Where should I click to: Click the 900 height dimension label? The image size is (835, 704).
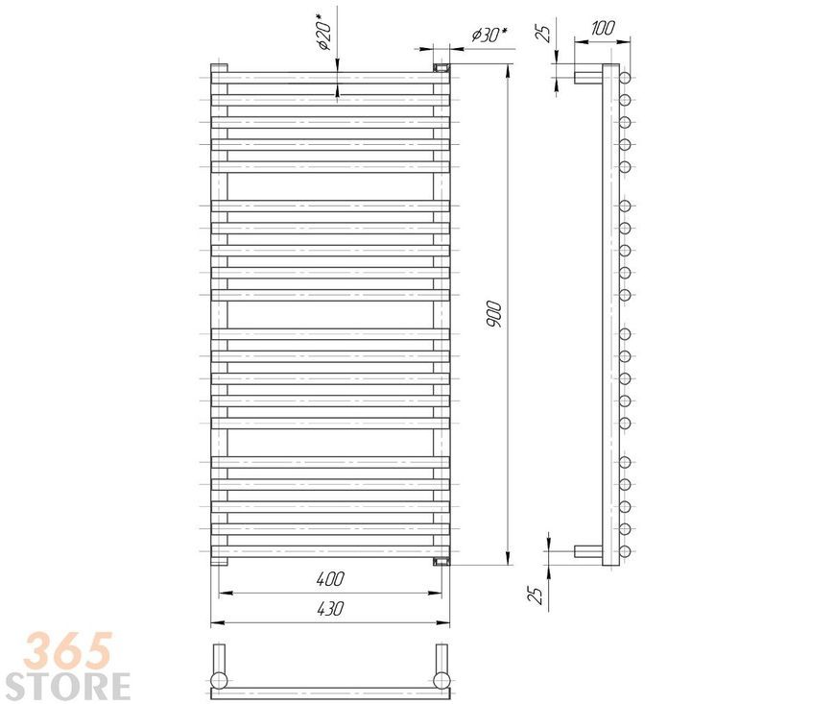(x=493, y=314)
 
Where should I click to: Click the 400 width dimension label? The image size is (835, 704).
(x=330, y=579)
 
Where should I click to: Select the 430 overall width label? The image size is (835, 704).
(x=330, y=609)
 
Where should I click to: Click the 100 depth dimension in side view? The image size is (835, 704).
(x=603, y=28)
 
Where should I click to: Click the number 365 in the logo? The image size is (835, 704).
(x=67, y=650)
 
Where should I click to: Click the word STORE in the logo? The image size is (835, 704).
(x=67, y=686)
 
